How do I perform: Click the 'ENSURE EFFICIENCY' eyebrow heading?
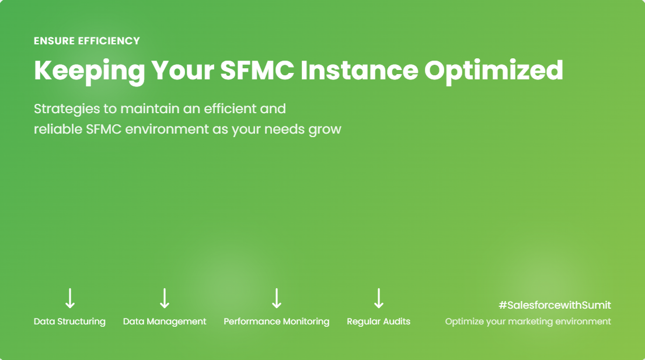click(x=87, y=41)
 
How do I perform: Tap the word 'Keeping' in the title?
click(x=89, y=71)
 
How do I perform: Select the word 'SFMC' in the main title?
click(x=257, y=70)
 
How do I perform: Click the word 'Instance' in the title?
click(x=359, y=70)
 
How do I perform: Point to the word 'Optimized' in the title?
click(x=494, y=71)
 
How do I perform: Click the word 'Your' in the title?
click(x=183, y=70)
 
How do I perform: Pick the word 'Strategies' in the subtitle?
click(x=67, y=109)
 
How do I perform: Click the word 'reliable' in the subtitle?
click(x=58, y=129)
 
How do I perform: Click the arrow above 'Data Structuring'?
click(x=70, y=298)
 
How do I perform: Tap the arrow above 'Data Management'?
click(x=165, y=298)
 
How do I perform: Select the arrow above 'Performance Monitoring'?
click(x=277, y=298)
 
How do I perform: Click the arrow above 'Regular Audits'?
click(x=378, y=298)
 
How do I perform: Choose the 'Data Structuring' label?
click(x=69, y=321)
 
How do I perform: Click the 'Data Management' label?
click(x=165, y=321)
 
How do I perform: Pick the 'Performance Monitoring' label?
click(x=277, y=321)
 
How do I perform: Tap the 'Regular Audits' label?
click(x=378, y=321)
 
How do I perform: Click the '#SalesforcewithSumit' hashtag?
click(x=555, y=305)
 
